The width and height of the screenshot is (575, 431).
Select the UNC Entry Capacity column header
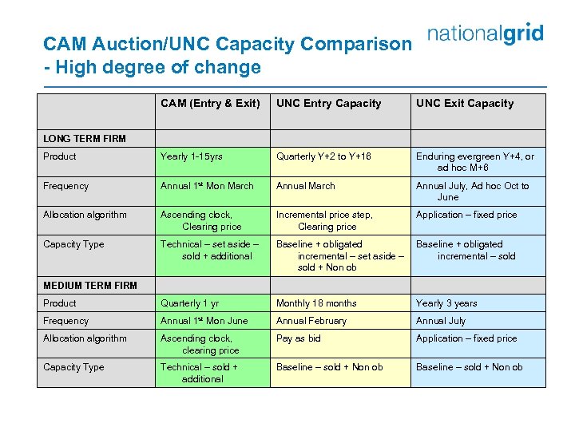[x=328, y=103]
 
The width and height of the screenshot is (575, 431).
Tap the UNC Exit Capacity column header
[x=465, y=103]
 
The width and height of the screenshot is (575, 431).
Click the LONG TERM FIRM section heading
[x=85, y=138]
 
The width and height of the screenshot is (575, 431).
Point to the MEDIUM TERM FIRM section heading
[x=90, y=285]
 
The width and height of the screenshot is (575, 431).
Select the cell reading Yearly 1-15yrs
[x=192, y=156]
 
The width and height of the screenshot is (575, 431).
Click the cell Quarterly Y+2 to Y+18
[x=323, y=156]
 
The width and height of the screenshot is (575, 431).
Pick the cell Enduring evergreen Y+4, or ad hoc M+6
[x=475, y=162]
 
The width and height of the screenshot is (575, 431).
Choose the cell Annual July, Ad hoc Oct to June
[x=472, y=192]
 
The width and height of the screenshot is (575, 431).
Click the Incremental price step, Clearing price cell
[x=324, y=220]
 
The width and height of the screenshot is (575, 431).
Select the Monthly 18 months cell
[x=316, y=303]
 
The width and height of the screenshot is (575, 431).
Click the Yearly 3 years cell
[x=446, y=303]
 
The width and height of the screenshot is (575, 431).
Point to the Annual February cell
[x=311, y=321]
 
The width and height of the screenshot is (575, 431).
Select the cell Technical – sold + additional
[x=200, y=373]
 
